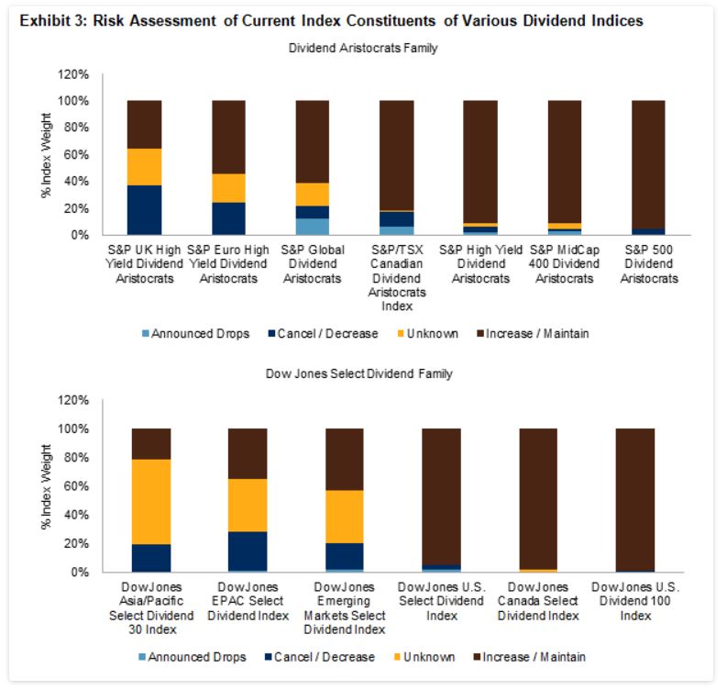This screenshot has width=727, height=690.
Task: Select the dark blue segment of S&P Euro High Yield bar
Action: pos(228,218)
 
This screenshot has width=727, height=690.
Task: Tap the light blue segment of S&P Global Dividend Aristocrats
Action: pos(312,226)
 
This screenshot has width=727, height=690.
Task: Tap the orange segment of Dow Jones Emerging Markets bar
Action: pos(344,517)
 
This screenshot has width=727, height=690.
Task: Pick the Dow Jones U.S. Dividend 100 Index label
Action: pos(622,600)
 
